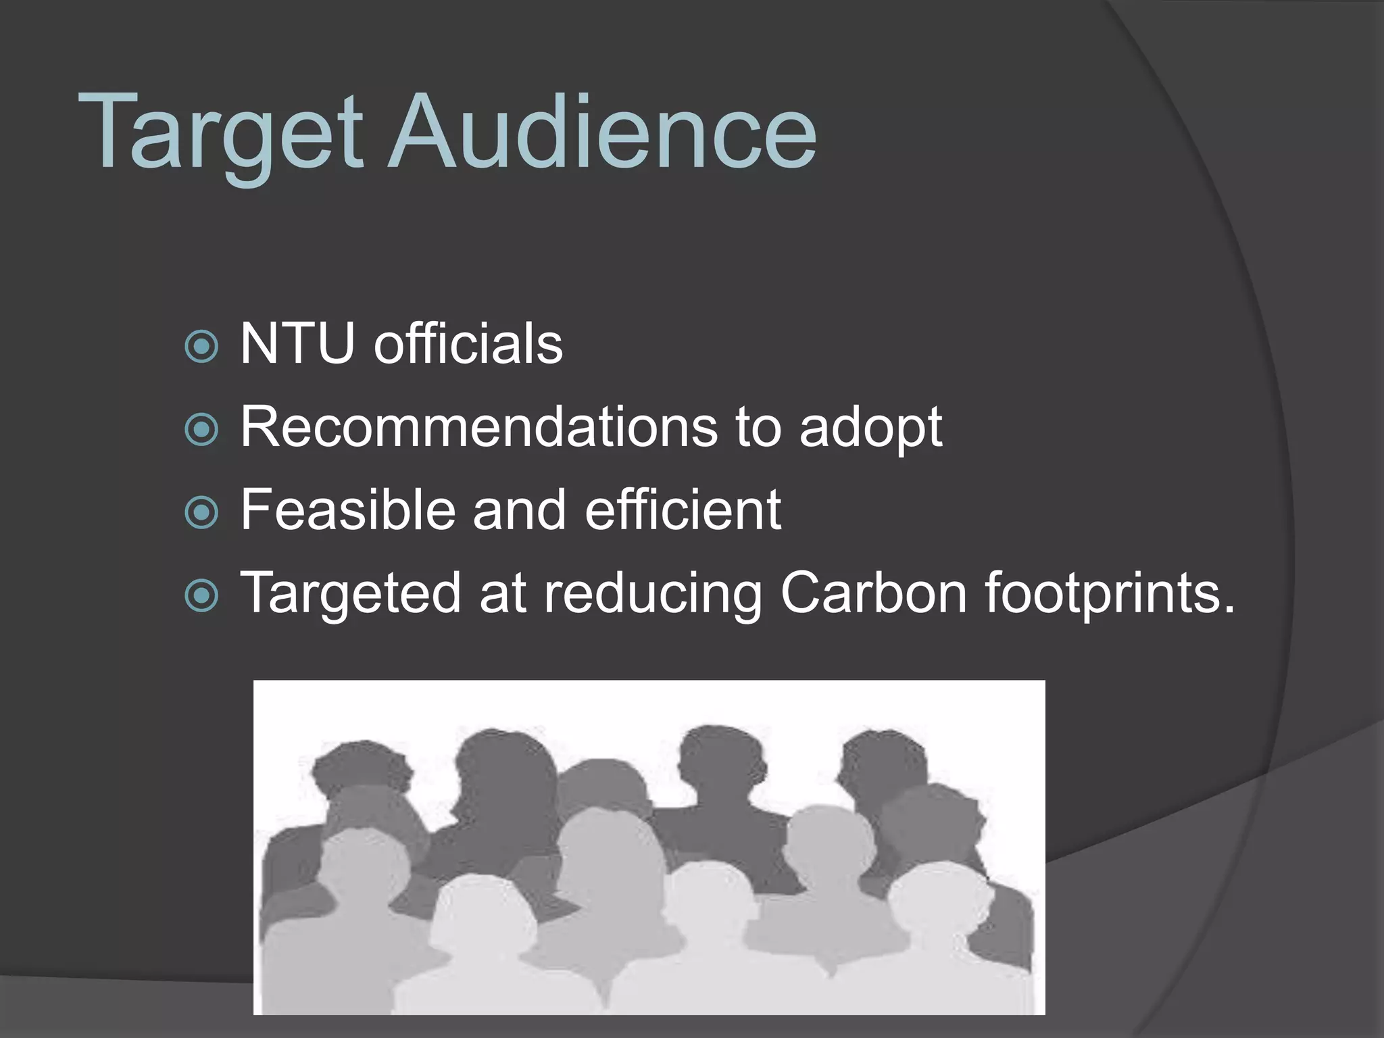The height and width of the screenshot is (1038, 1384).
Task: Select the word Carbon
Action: coord(873,593)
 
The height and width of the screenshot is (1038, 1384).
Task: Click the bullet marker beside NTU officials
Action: coord(201,347)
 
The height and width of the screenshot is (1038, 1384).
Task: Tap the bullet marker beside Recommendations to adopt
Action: coord(201,430)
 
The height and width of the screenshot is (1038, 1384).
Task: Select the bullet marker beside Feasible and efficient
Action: coord(201,513)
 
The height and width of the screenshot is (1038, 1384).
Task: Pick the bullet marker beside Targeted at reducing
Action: coord(201,596)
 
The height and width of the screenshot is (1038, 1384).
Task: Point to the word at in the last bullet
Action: coord(502,593)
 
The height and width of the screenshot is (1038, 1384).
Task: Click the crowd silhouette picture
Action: coord(649,847)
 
